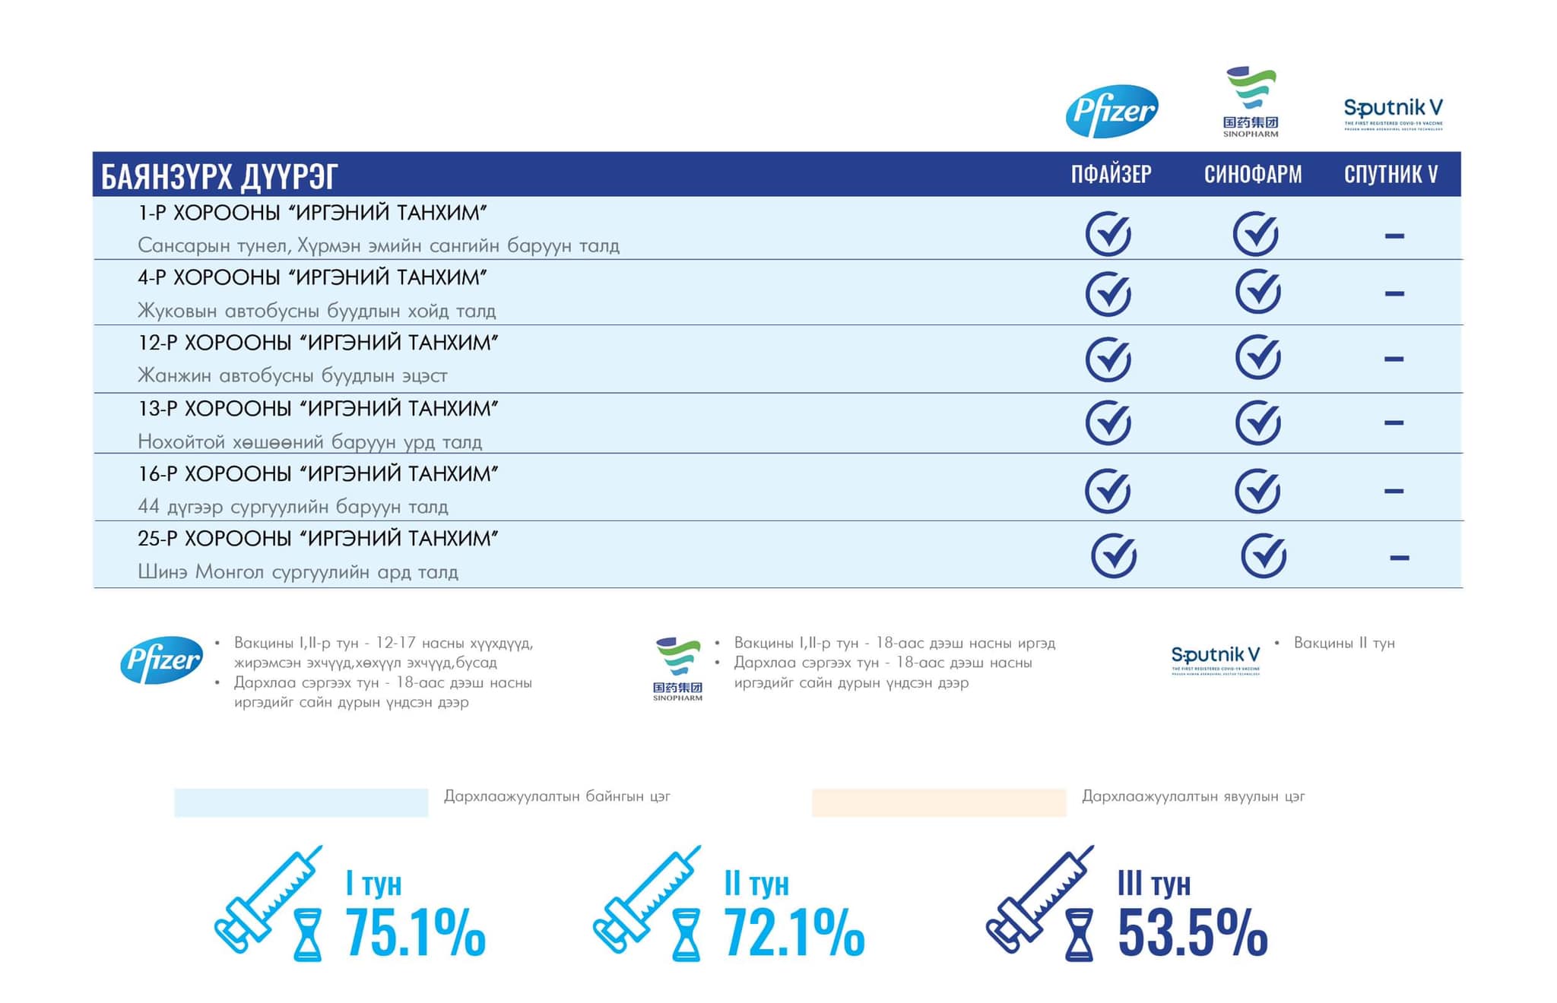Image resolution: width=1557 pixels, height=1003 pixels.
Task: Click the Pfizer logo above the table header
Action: coord(1111,111)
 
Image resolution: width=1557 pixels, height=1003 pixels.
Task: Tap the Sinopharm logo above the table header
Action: coord(1251,102)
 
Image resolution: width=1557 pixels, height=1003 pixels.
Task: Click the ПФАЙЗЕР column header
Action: coord(1111,175)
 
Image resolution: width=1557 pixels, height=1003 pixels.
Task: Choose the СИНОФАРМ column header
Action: coord(1253,175)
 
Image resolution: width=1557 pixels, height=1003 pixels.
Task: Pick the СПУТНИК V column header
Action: coord(1391,175)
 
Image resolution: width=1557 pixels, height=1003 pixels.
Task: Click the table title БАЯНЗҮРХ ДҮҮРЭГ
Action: coord(220,176)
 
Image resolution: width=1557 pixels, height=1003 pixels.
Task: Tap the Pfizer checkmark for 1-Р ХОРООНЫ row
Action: coord(1108,233)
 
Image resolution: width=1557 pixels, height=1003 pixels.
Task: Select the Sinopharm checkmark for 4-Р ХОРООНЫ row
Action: coord(1258,292)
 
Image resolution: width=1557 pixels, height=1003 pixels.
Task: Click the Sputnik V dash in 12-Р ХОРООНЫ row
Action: coord(1394,359)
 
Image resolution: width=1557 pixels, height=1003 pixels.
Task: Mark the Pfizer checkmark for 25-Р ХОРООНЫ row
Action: coord(1114,555)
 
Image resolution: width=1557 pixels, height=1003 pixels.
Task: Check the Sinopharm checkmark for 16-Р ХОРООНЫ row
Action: coord(1258,490)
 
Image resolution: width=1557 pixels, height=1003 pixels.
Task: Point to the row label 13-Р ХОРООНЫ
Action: coord(318,409)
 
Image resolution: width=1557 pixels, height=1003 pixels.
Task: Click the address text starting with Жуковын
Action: coord(316,311)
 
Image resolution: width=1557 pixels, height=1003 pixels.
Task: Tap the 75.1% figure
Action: coord(415,932)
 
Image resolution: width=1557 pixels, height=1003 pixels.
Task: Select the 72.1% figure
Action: coord(794,932)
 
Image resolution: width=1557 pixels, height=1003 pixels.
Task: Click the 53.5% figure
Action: coord(1192,932)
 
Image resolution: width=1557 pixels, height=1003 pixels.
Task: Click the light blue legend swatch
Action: coord(301,802)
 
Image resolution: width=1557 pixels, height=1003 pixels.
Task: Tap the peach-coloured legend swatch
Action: coord(939,802)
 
